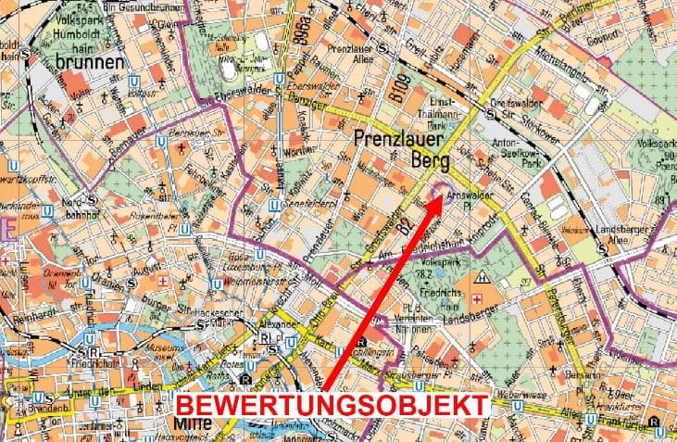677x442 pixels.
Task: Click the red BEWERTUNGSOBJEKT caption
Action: tap(332, 405)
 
